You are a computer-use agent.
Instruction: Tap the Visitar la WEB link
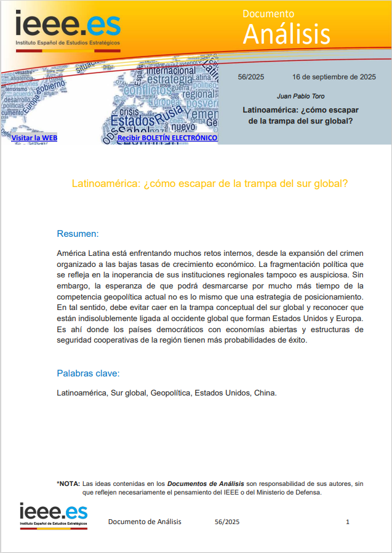[34, 138]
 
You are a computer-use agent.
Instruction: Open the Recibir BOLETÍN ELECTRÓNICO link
[167, 138]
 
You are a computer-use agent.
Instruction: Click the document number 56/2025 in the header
[250, 78]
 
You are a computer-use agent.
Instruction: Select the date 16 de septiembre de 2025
[334, 78]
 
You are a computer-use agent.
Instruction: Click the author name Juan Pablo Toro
[301, 97]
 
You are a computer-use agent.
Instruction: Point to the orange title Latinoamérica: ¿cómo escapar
[210, 183]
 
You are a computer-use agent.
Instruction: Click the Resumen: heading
[78, 234]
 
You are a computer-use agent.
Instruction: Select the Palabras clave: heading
[88, 373]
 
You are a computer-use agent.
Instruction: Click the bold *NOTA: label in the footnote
[68, 483]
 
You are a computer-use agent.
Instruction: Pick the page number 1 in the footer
[348, 522]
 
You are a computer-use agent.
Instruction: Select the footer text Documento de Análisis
[145, 522]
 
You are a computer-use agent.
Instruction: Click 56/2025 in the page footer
[227, 522]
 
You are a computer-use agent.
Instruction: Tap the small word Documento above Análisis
[268, 14]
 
